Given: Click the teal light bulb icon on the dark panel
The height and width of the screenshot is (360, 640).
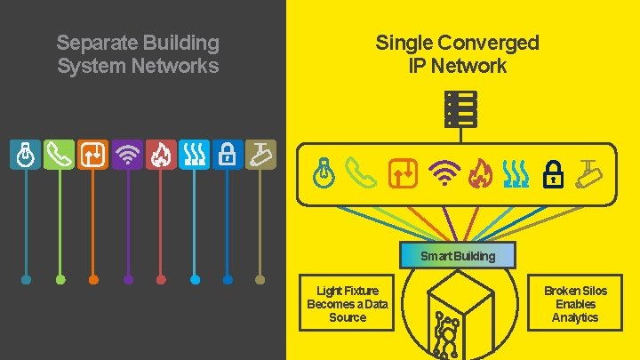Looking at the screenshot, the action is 27,155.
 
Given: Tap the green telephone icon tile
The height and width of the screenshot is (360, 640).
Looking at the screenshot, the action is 60,155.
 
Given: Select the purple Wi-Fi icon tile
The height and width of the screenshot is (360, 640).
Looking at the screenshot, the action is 128,155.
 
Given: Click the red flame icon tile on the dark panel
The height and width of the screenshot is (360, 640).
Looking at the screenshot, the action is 161,155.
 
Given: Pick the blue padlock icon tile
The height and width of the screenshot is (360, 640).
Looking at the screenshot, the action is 228,155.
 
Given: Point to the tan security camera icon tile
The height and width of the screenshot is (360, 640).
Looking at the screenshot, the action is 260,155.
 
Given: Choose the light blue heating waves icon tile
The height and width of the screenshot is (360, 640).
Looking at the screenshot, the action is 194,155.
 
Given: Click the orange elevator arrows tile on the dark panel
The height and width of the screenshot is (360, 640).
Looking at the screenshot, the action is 93,155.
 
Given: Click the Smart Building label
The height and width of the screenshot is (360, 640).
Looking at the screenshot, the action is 458,256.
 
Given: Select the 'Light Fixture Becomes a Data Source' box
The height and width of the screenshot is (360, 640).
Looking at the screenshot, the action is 348,304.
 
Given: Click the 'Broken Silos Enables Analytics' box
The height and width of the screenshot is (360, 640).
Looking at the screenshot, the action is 575,304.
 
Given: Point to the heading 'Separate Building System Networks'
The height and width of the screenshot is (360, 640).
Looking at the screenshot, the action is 138,54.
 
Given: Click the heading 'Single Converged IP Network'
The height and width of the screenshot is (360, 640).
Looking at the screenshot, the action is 457,54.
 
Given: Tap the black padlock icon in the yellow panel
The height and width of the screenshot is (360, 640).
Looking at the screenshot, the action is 554,172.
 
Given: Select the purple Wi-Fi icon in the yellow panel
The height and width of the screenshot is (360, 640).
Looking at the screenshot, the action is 442,172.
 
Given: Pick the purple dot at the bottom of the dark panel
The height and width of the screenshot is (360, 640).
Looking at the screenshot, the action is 128,280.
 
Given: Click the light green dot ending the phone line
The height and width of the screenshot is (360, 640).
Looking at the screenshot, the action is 60,280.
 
